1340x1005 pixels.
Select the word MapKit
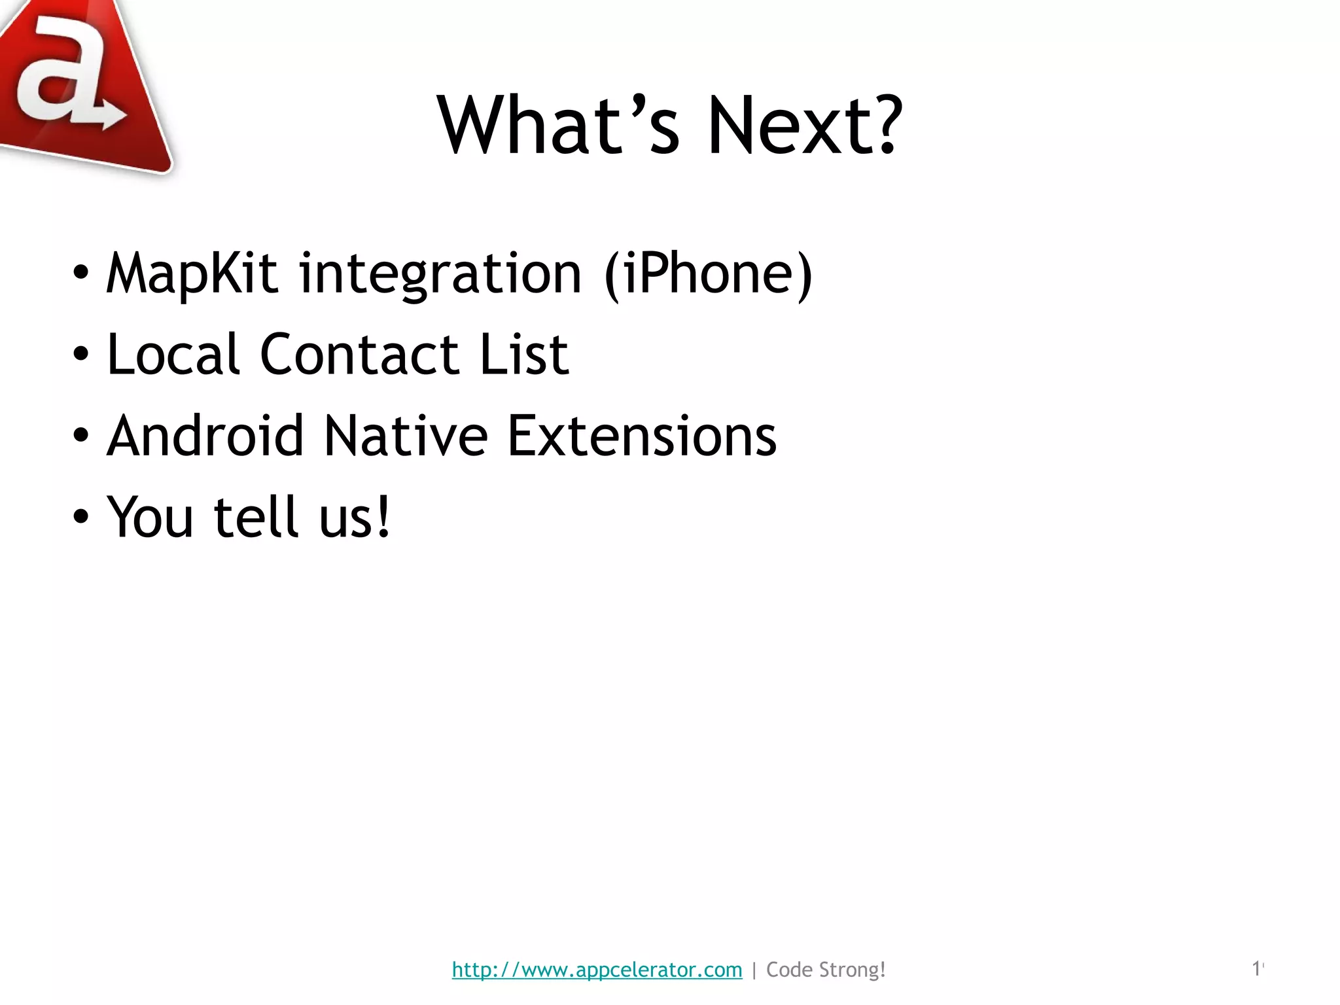click(x=192, y=273)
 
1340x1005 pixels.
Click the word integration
click(x=440, y=273)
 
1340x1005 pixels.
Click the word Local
click(x=173, y=355)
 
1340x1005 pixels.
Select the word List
click(x=524, y=355)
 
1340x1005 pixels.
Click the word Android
click(x=205, y=436)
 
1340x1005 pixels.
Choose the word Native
click(x=406, y=436)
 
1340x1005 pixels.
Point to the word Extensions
click(x=642, y=436)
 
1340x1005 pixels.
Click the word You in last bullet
click(x=150, y=517)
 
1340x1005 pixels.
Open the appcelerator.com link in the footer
click(x=597, y=970)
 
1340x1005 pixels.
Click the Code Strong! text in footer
click(x=826, y=970)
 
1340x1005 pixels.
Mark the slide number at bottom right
click(x=1257, y=968)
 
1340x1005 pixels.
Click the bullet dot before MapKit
click(x=80, y=273)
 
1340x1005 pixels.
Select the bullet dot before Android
click(x=80, y=436)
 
